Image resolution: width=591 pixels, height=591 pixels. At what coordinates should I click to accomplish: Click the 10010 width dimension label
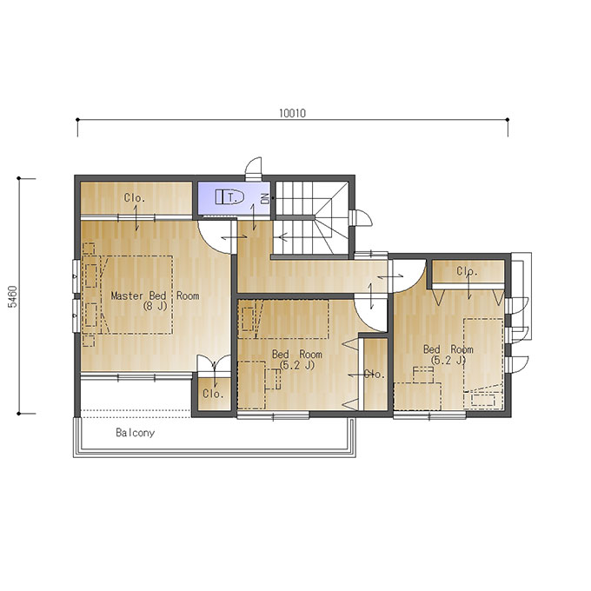[x=293, y=113]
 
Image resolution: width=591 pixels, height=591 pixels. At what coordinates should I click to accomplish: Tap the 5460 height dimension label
[x=13, y=296]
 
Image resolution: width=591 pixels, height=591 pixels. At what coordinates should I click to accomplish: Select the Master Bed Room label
[x=155, y=295]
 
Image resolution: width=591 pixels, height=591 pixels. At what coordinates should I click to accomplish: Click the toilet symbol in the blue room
[x=229, y=196]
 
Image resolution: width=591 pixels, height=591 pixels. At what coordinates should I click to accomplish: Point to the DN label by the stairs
[x=266, y=199]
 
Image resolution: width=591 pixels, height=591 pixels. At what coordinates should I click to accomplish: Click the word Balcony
[x=135, y=433]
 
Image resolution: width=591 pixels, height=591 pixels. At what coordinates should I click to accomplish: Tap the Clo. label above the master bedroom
[x=135, y=197]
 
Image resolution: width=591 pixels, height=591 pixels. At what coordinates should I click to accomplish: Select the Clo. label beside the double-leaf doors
[x=213, y=394]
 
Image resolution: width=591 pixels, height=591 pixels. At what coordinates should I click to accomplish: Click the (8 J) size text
[x=155, y=306]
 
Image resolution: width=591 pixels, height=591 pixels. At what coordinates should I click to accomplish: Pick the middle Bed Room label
[x=297, y=355]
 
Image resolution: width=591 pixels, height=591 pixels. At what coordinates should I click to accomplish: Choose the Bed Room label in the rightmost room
[x=448, y=349]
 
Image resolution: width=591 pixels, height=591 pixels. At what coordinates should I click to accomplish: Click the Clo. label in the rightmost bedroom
[x=467, y=271]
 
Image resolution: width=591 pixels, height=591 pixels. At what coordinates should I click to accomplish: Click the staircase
[x=312, y=219]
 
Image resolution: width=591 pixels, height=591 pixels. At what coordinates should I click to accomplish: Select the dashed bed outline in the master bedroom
[x=136, y=295]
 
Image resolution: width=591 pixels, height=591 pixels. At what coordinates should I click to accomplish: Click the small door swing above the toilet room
[x=254, y=167]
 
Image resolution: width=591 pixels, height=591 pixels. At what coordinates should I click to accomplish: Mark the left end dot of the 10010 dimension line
[x=77, y=120]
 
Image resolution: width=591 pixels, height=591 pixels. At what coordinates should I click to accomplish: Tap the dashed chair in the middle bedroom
[x=273, y=379]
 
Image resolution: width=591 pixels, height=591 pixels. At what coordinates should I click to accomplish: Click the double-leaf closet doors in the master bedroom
[x=214, y=363]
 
